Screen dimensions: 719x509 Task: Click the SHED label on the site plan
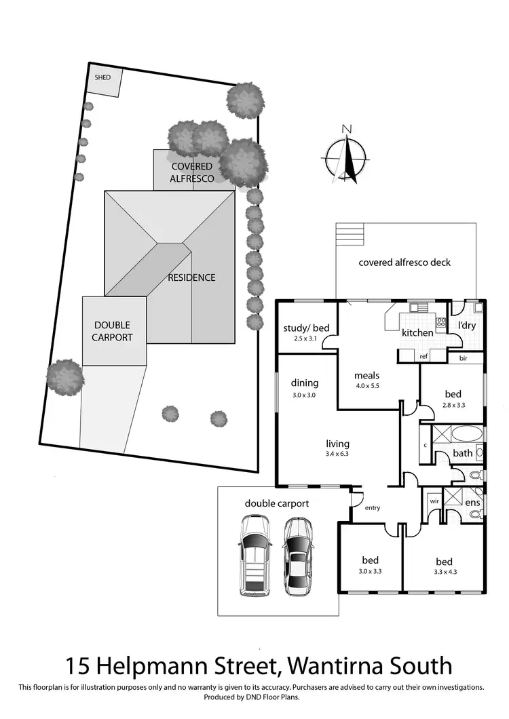click(102, 78)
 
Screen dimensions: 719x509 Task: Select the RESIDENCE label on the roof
click(192, 277)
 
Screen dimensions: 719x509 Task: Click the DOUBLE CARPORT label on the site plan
click(112, 331)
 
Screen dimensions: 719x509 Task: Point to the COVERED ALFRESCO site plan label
click(192, 172)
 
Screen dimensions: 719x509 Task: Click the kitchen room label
click(417, 333)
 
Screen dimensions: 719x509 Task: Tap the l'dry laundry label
click(466, 326)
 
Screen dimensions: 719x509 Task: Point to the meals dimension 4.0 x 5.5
click(366, 387)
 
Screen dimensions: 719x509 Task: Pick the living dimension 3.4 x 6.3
click(337, 454)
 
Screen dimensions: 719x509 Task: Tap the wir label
click(432, 501)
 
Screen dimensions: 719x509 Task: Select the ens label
click(473, 503)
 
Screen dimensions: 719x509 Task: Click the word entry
click(373, 507)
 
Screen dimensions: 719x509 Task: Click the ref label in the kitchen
click(423, 355)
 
